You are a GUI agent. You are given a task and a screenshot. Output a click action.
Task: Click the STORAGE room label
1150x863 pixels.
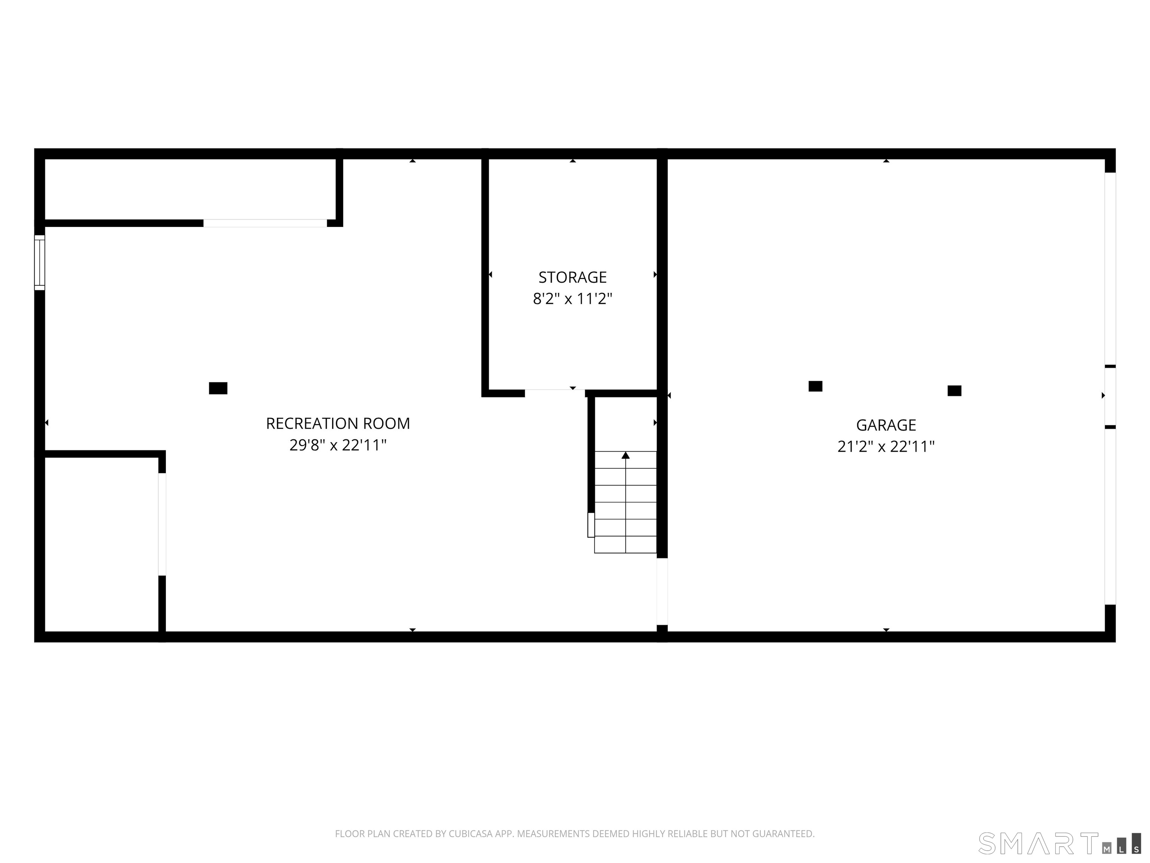(x=572, y=277)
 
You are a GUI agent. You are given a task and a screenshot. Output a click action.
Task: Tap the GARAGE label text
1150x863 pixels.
(x=886, y=425)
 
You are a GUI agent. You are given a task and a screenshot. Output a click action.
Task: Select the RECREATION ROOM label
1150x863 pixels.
(x=338, y=423)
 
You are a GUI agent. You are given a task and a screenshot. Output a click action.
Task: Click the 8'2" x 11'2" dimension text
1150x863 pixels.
(x=572, y=299)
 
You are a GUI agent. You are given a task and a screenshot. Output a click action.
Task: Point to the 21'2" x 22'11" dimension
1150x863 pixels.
(x=886, y=446)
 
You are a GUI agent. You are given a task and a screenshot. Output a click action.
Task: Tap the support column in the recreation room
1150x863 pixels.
(x=218, y=388)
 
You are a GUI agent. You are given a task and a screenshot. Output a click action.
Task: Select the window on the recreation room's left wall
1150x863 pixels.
(x=40, y=262)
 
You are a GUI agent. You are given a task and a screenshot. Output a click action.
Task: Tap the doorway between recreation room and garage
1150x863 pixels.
(x=662, y=591)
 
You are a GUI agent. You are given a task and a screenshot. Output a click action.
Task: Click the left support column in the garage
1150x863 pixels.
(x=815, y=386)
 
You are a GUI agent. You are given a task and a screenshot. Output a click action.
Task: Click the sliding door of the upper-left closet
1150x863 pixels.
(x=265, y=223)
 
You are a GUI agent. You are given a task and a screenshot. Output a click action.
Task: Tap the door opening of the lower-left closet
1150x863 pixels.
(x=162, y=524)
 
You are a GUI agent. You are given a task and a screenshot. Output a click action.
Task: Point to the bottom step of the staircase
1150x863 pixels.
(x=626, y=545)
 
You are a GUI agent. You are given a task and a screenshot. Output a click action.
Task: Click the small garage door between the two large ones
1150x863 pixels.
(x=1110, y=397)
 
